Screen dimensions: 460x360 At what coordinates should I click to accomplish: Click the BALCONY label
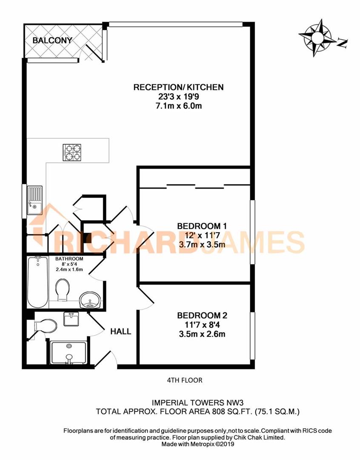(x=53, y=40)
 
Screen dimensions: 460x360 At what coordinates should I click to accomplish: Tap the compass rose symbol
(x=317, y=37)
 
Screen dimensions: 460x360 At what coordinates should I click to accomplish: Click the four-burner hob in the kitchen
(x=72, y=152)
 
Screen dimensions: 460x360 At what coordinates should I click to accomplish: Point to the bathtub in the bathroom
(x=37, y=282)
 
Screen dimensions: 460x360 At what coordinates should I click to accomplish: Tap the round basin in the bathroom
(x=90, y=300)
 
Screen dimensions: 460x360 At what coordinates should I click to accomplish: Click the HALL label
(x=121, y=331)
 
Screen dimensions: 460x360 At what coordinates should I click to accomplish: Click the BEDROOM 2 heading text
(x=202, y=316)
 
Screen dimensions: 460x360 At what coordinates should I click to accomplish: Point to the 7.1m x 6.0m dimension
(x=178, y=106)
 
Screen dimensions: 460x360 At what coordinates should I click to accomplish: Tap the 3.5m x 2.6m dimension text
(x=202, y=334)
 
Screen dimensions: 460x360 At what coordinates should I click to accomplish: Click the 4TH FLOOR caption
(x=185, y=380)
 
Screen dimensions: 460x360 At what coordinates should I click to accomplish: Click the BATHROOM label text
(x=69, y=259)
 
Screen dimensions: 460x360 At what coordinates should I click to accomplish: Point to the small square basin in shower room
(x=71, y=319)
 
